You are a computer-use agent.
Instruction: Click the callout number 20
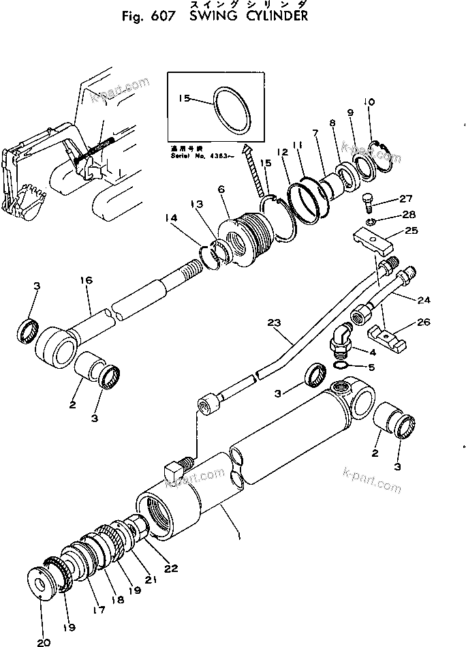coord(42,642)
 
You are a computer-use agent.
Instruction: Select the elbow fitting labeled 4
coord(341,338)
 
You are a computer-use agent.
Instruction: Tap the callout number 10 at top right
coord(369,103)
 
